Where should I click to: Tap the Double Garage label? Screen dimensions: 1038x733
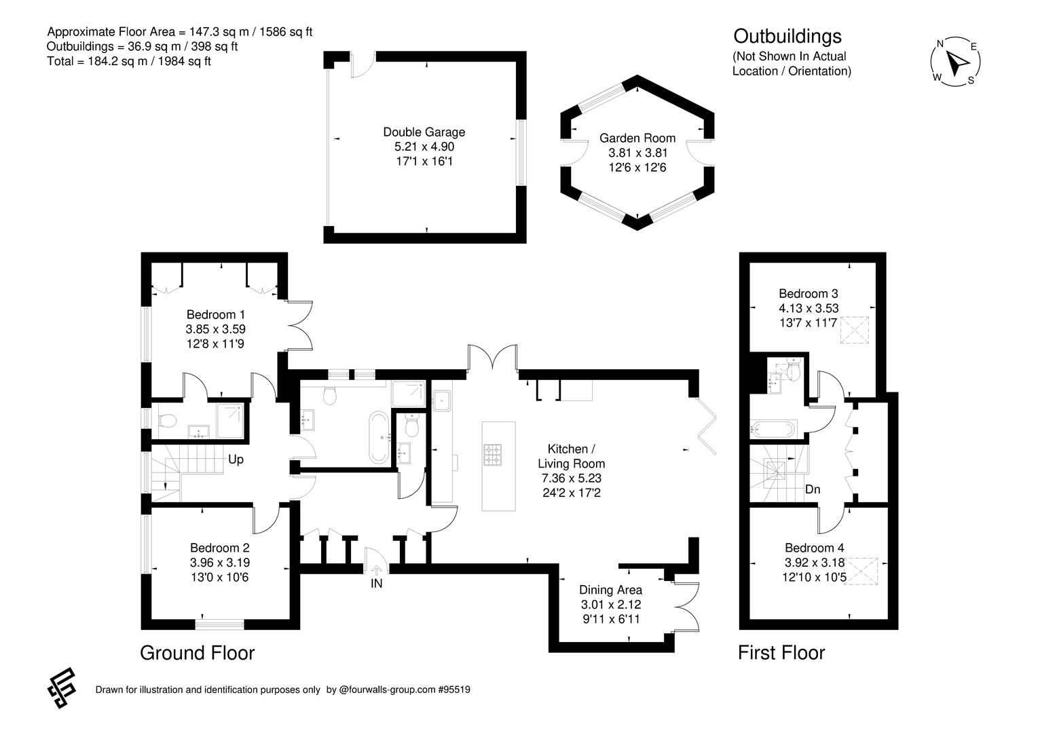click(424, 132)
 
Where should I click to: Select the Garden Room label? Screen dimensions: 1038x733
click(637, 138)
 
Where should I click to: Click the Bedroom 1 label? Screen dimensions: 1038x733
click(215, 315)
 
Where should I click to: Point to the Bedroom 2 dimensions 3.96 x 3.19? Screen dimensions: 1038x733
click(220, 563)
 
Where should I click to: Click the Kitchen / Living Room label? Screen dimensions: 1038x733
click(571, 456)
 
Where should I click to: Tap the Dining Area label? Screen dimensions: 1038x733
click(610, 590)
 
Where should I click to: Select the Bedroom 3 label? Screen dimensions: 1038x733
click(808, 293)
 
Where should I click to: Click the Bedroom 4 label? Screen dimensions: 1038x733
click(814, 548)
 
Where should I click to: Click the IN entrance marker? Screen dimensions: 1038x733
click(376, 583)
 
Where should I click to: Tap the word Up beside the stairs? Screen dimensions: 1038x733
click(236, 459)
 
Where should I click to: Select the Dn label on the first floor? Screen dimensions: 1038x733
click(813, 489)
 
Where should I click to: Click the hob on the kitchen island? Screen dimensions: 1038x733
click(493, 455)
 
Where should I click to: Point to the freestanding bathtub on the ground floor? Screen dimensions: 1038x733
click(379, 437)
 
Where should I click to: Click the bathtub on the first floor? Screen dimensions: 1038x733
click(773, 429)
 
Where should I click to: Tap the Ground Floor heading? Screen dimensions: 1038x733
click(197, 653)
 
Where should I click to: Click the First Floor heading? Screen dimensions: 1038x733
click(781, 653)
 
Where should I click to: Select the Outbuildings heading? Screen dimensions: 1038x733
click(787, 37)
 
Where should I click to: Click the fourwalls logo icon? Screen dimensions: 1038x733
click(62, 688)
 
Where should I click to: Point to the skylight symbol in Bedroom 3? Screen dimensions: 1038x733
click(855, 330)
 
